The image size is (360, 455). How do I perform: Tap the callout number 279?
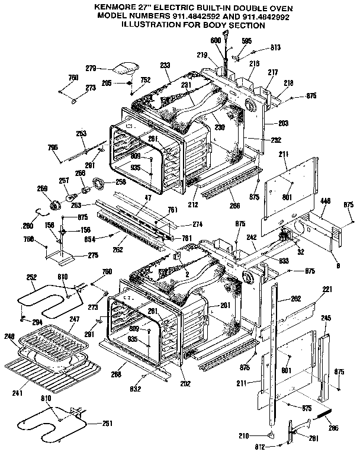tap(107, 69)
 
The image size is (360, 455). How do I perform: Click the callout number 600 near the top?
tap(215, 40)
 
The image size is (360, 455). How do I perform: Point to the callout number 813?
tap(275, 47)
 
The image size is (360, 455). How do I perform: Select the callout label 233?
tap(165, 65)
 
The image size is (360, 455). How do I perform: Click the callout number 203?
tap(282, 123)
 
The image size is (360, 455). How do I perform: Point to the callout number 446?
tap(325, 202)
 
